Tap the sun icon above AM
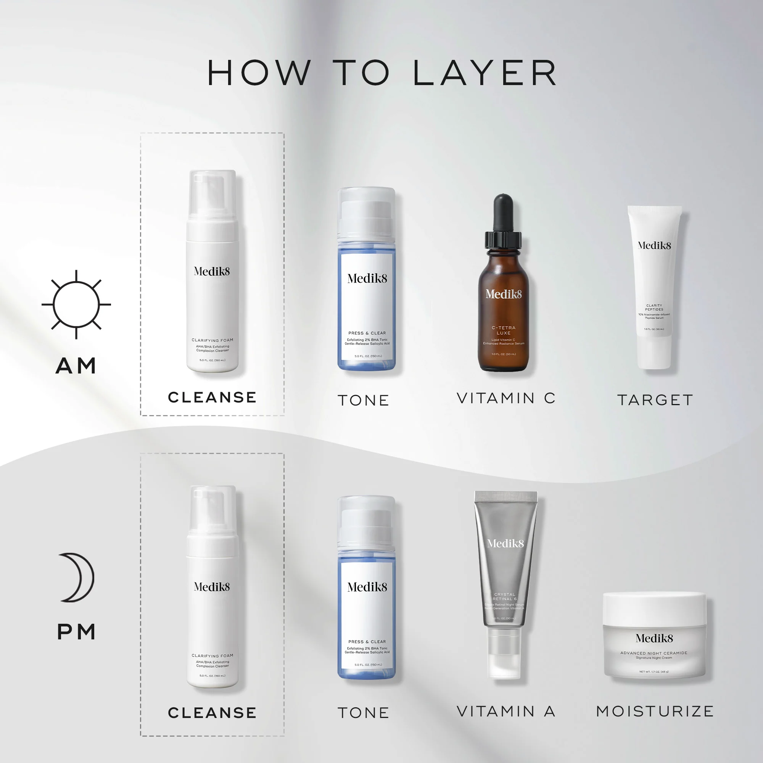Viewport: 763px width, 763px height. click(76, 304)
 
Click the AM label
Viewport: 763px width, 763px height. click(76, 366)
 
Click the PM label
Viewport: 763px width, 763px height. click(76, 632)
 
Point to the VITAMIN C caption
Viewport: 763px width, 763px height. click(506, 398)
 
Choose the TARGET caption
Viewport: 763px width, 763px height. click(655, 400)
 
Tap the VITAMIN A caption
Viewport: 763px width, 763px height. click(506, 711)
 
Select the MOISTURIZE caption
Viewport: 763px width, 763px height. click(655, 711)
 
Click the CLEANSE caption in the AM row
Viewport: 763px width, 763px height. click(212, 397)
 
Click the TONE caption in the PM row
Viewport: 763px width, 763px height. click(363, 713)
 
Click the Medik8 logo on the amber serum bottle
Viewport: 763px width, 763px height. click(504, 294)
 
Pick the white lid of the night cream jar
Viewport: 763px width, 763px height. click(654, 608)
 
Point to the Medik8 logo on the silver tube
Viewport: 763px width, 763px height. click(505, 544)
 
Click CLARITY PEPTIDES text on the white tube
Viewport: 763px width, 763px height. click(654, 307)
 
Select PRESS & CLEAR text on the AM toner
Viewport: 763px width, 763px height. click(367, 333)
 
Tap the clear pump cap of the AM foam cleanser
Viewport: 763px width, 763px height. click(212, 193)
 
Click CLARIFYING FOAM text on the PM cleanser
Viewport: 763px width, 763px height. click(212, 655)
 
